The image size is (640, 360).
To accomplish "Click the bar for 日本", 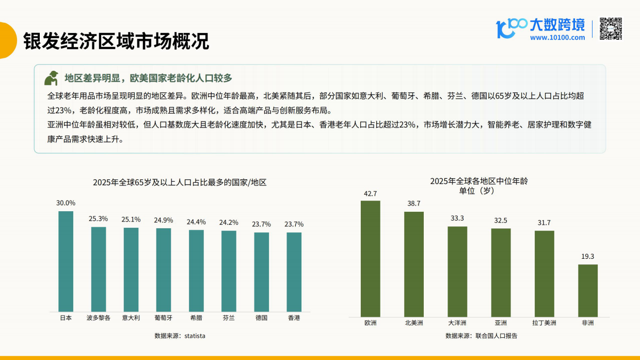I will point(66,261).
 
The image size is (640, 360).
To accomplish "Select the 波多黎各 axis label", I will point(98,318).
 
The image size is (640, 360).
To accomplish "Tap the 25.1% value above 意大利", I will point(131,220).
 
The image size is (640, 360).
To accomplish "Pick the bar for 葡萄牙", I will point(164,270).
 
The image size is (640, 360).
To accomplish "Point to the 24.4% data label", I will point(196,222).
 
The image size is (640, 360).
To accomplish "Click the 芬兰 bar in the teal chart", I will point(229,271).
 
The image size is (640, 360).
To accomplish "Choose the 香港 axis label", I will point(294,318).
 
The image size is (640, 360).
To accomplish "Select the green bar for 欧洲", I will point(370,258).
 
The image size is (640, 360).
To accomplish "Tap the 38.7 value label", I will point(414,204).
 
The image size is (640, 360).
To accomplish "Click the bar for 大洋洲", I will point(457,271).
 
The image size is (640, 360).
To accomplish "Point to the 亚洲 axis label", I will point(501,323).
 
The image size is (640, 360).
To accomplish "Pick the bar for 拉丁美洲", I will point(544,273).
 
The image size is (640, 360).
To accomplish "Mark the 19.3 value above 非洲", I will point(588,256).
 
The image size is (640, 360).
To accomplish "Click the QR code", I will point(611,29).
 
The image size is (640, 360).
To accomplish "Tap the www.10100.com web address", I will point(557,37).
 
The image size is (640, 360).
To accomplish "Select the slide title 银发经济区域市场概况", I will point(116,40).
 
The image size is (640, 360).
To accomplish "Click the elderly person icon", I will point(51,77).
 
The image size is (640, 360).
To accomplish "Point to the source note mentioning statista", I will point(180,336).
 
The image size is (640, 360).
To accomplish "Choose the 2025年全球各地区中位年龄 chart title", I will point(478,181).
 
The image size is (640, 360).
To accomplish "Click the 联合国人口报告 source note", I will point(481,336).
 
